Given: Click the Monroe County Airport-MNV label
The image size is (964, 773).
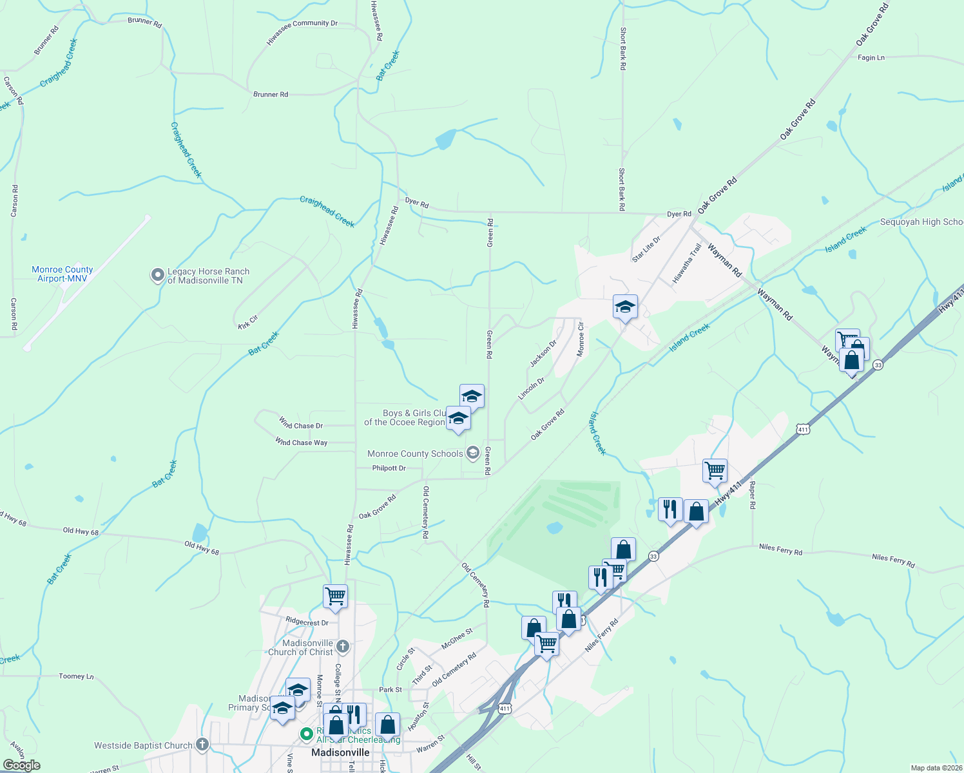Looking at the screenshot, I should (63, 274).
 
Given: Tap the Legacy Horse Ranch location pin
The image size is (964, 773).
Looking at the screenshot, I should (157, 276).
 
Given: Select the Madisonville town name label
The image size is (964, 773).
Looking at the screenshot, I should (340, 752).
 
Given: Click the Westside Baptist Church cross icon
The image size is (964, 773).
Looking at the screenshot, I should (202, 745).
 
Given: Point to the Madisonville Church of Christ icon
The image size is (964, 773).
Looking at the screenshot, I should (343, 645).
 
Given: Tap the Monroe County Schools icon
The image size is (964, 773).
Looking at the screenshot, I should (472, 453).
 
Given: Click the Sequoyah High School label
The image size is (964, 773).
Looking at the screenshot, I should (921, 222).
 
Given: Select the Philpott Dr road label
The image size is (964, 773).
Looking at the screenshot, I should (389, 468).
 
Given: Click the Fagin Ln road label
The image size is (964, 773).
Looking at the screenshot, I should (871, 58).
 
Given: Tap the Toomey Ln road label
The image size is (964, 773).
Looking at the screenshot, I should (76, 676).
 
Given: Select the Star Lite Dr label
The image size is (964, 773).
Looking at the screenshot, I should (646, 249).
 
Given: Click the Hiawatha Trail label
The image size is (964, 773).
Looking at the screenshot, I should (687, 263).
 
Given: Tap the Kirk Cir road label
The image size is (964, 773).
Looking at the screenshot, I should (248, 322).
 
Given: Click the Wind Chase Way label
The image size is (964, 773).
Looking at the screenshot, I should (302, 443).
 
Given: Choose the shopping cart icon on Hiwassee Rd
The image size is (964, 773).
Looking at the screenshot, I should (335, 596).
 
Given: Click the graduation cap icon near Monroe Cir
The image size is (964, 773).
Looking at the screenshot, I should (624, 307).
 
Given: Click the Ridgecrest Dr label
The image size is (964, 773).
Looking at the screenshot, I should (307, 622).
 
